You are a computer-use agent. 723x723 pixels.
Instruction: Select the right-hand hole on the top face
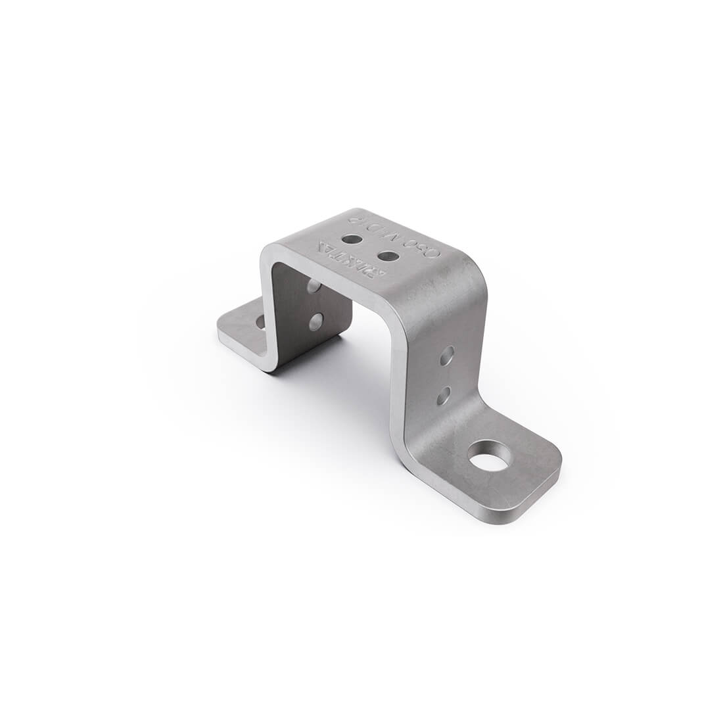(x=388, y=255)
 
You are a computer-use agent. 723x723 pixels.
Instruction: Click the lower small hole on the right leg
(x=444, y=395)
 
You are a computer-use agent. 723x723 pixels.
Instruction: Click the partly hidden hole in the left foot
(x=260, y=321)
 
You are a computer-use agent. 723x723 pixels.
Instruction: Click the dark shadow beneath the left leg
(x=309, y=358)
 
